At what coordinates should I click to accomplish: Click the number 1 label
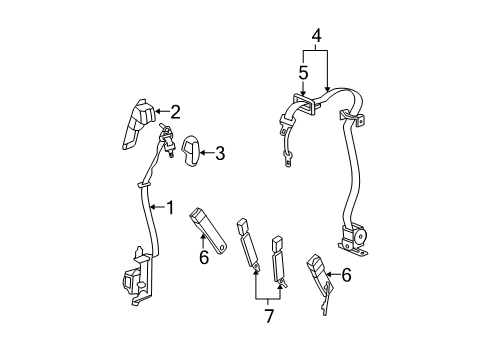169,208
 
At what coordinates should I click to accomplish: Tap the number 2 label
174,112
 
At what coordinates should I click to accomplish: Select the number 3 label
219,153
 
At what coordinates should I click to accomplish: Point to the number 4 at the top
317,38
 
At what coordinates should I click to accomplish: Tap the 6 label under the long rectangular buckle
203,258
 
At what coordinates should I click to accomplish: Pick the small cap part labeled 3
190,150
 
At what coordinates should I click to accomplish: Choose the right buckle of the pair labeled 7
276,262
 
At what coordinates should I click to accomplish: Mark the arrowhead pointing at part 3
201,153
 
